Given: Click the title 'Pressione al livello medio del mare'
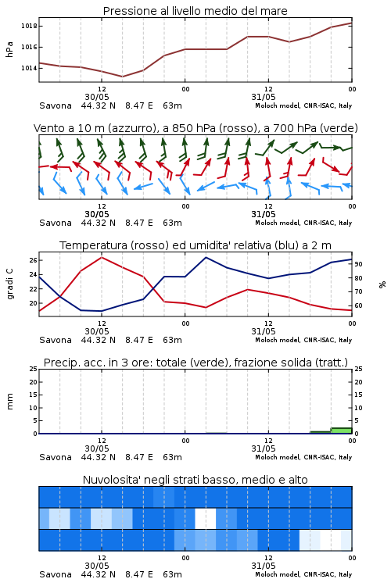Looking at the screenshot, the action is pos(195,11).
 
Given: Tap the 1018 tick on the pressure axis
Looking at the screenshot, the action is pos(29,26).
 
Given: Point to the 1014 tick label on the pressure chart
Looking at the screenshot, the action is pos(29,68).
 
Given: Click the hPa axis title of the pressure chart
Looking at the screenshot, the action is pos(9,49).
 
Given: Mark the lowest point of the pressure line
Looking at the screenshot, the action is pos(122,77).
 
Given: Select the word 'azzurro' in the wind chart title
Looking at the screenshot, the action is pos(131,128).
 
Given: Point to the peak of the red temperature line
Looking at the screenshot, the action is pos(102,257).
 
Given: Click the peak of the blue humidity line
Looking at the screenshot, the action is pos(206,257).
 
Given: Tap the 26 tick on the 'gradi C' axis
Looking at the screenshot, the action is pos(34,260).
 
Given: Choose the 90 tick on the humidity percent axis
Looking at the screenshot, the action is pos(358,264).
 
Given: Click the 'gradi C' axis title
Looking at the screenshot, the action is pos(9,284).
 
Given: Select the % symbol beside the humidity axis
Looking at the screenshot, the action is pos(382,284).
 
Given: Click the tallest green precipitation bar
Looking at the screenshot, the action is pos(341,431).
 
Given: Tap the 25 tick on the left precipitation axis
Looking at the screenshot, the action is pos(34,369).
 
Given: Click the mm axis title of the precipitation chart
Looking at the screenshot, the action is pos(9,402).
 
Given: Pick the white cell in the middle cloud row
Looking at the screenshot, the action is pos(206,518).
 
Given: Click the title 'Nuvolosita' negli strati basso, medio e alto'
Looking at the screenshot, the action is pos(195,480).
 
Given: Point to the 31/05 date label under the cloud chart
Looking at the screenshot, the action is pos(264,566).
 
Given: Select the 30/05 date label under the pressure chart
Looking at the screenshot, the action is pos(97,97).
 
